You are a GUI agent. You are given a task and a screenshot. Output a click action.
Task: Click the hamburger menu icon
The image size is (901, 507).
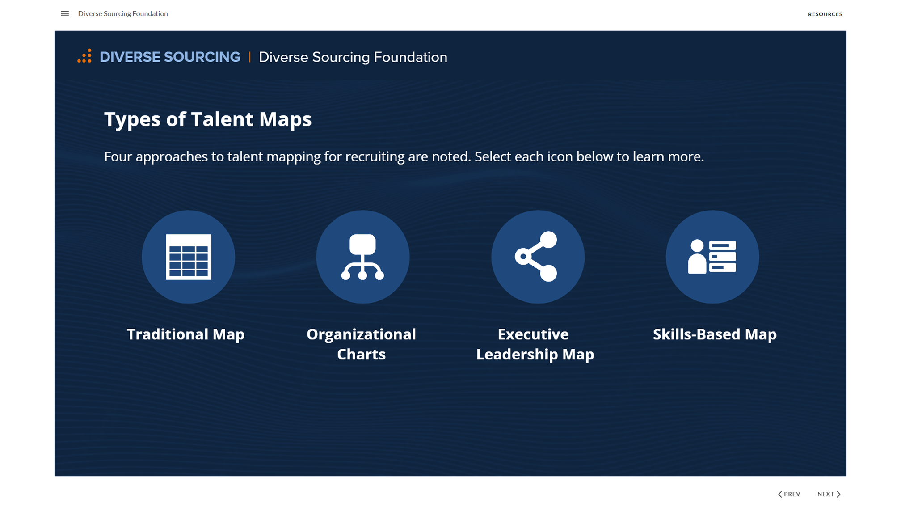[x=65, y=13]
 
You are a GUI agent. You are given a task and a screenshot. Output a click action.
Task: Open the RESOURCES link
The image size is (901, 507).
[x=825, y=14]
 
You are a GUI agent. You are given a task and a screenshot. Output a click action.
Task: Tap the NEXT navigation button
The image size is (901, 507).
[x=829, y=494]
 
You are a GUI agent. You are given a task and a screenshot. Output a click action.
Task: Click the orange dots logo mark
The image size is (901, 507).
[x=84, y=56]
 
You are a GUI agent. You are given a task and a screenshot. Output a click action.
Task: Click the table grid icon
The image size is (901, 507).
[x=188, y=257]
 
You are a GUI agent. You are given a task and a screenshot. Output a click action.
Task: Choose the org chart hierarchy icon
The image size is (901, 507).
[x=362, y=257]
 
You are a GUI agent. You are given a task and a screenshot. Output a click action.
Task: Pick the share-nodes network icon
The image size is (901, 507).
[x=537, y=257]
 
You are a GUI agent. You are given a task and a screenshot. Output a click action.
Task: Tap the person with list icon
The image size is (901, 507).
[x=712, y=257]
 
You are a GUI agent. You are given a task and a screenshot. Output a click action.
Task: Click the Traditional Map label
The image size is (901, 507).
[x=185, y=334]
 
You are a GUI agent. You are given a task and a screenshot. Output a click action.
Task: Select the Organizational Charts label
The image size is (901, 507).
[x=361, y=344]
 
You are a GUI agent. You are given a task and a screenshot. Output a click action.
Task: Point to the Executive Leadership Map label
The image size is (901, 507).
[x=535, y=344]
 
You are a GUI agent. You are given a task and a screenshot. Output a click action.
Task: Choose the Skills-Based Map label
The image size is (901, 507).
[x=714, y=334]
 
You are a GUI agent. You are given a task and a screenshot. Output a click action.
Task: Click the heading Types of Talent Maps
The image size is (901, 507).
[x=207, y=119]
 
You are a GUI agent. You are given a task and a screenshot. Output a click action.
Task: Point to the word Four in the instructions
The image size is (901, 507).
[x=118, y=156]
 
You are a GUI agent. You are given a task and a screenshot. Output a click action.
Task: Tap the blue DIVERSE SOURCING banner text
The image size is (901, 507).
[x=170, y=57]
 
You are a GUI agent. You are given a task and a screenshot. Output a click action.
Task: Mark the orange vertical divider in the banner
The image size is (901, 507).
[x=249, y=57]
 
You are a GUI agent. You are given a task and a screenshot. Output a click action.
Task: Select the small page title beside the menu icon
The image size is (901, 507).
[x=123, y=13]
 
